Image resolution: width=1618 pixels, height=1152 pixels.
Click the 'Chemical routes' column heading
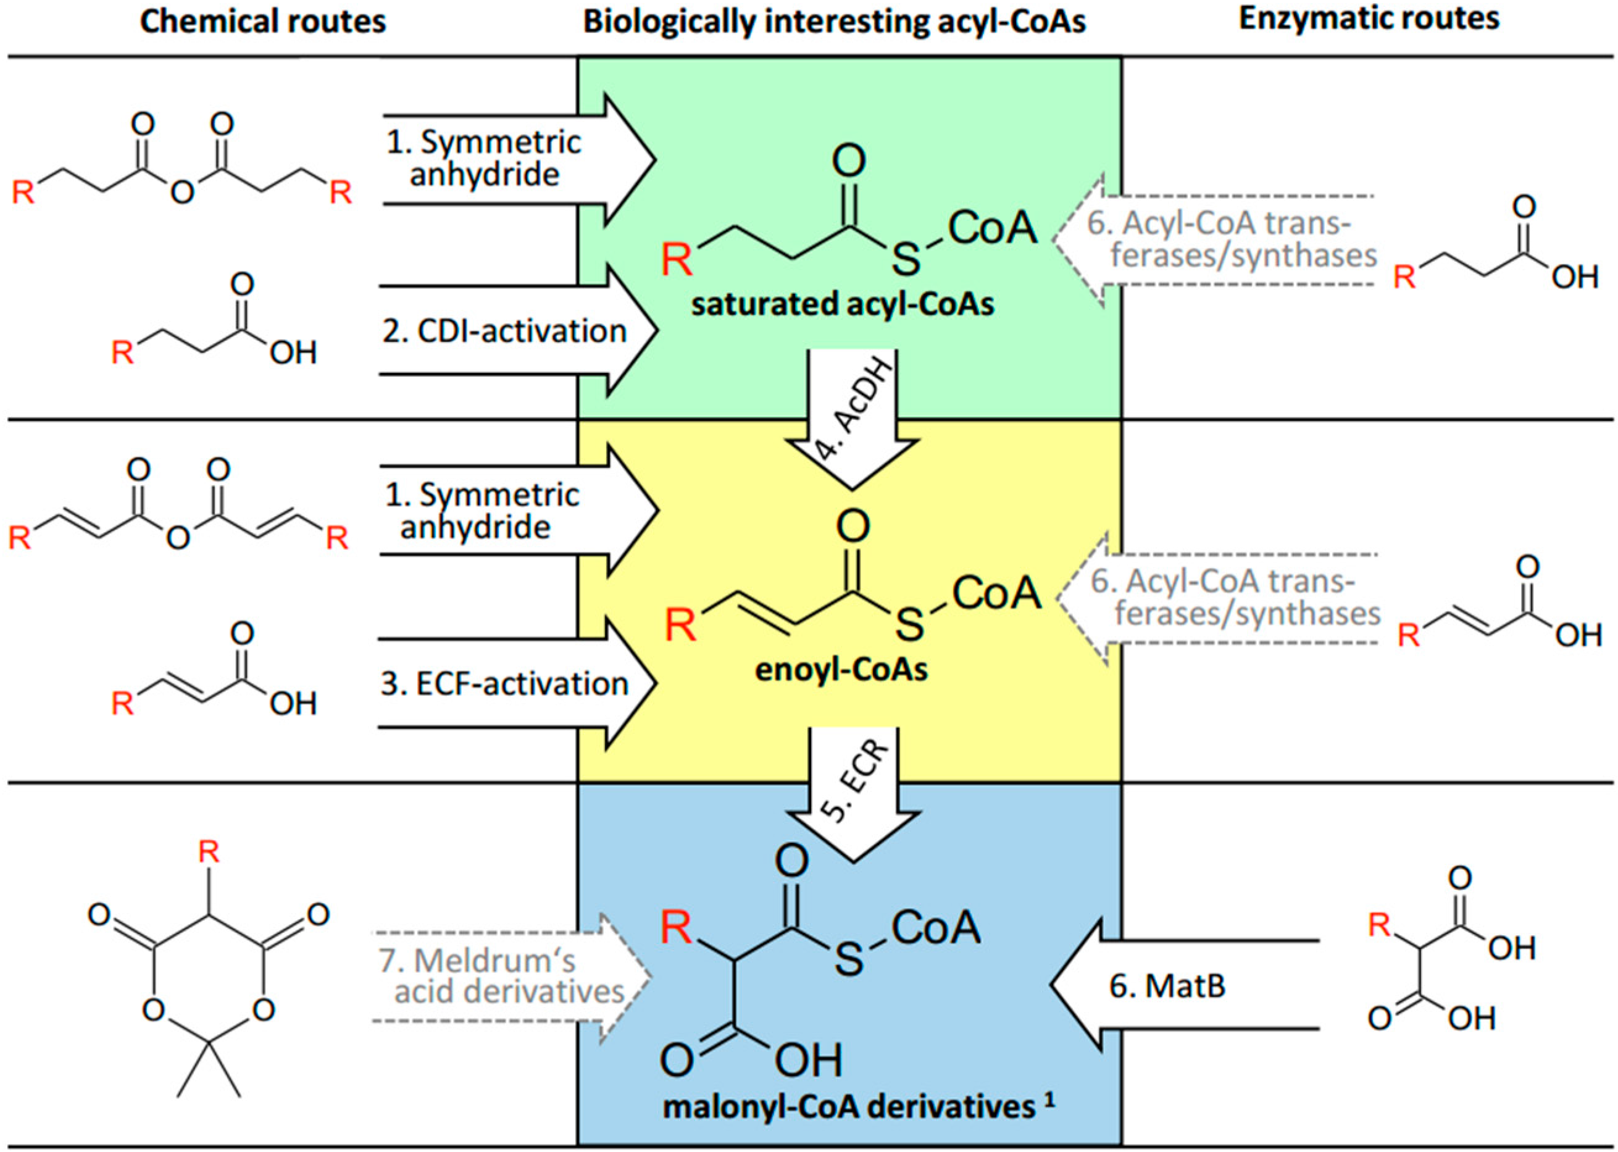point(262,21)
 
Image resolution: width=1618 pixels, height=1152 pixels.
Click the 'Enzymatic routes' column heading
point(1369,19)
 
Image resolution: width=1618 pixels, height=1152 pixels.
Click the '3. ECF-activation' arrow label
point(504,684)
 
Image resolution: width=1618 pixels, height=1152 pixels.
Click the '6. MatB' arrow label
point(1167,986)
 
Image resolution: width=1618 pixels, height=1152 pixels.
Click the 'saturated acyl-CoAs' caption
point(843,304)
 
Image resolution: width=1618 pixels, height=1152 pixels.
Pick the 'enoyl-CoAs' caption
point(841,670)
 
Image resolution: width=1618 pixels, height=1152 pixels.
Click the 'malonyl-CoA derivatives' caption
point(848,1106)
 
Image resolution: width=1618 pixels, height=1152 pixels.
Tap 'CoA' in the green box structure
point(991,228)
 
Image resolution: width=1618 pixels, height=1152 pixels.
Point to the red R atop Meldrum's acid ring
point(209,851)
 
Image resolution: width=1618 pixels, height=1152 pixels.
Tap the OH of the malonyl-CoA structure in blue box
point(808,1060)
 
